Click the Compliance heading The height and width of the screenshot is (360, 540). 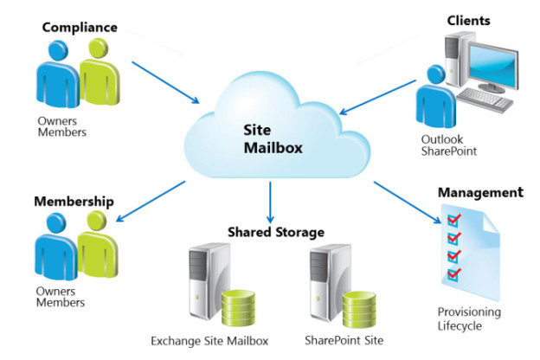79,28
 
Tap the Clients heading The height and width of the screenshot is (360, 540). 468,20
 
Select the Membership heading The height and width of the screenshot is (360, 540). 74,202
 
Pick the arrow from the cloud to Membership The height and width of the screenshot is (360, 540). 152,201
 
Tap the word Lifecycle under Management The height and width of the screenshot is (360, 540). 458,325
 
